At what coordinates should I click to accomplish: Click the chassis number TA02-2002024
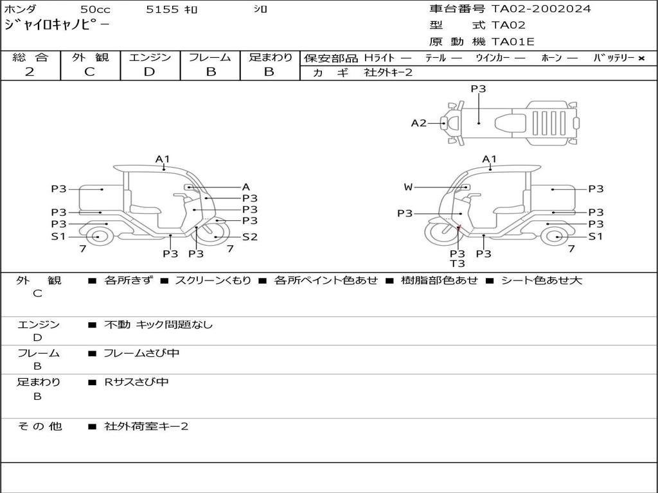click(541, 9)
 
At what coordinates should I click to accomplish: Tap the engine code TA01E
click(513, 42)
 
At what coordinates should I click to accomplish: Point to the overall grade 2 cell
click(30, 72)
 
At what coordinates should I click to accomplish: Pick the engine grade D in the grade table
click(149, 72)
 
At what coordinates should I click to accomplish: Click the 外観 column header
click(90, 58)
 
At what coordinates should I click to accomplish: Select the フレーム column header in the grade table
click(210, 58)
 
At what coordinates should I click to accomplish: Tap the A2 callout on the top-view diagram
click(418, 123)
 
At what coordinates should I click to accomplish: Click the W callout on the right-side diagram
click(408, 187)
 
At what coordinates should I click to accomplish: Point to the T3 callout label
click(457, 263)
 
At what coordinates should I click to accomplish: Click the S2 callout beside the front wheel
click(249, 237)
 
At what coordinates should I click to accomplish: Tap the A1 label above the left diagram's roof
click(163, 159)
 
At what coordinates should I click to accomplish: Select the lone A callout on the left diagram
click(245, 187)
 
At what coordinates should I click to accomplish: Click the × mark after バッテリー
click(641, 58)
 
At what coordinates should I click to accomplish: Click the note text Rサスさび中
click(137, 382)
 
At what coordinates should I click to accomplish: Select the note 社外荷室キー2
click(147, 426)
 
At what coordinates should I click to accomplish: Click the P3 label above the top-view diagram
click(478, 89)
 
